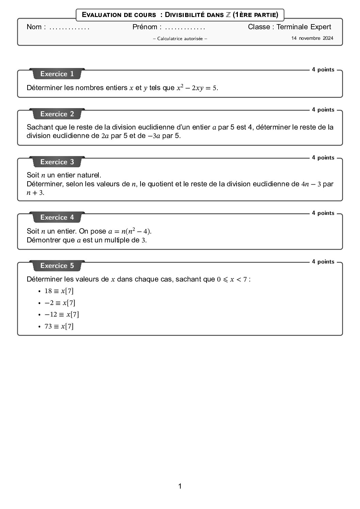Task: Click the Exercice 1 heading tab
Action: click(57, 74)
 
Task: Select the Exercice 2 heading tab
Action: click(57, 114)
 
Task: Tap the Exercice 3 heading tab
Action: click(57, 162)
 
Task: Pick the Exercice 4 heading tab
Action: click(57, 217)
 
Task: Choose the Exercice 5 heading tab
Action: click(57, 266)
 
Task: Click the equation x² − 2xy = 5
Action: click(197, 88)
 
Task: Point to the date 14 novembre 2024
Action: click(312, 38)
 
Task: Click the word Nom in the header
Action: click(34, 27)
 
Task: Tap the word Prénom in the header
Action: click(145, 27)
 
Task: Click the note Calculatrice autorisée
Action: click(180, 38)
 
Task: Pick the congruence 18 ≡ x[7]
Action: click(59, 291)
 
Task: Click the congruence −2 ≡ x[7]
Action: click(60, 303)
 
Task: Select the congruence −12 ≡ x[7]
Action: click(62, 315)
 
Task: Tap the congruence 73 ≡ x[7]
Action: click(59, 326)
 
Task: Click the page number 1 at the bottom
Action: click(180, 486)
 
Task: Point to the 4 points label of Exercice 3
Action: click(323, 157)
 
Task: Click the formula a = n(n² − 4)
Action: click(130, 231)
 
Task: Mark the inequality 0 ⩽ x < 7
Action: click(232, 279)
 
